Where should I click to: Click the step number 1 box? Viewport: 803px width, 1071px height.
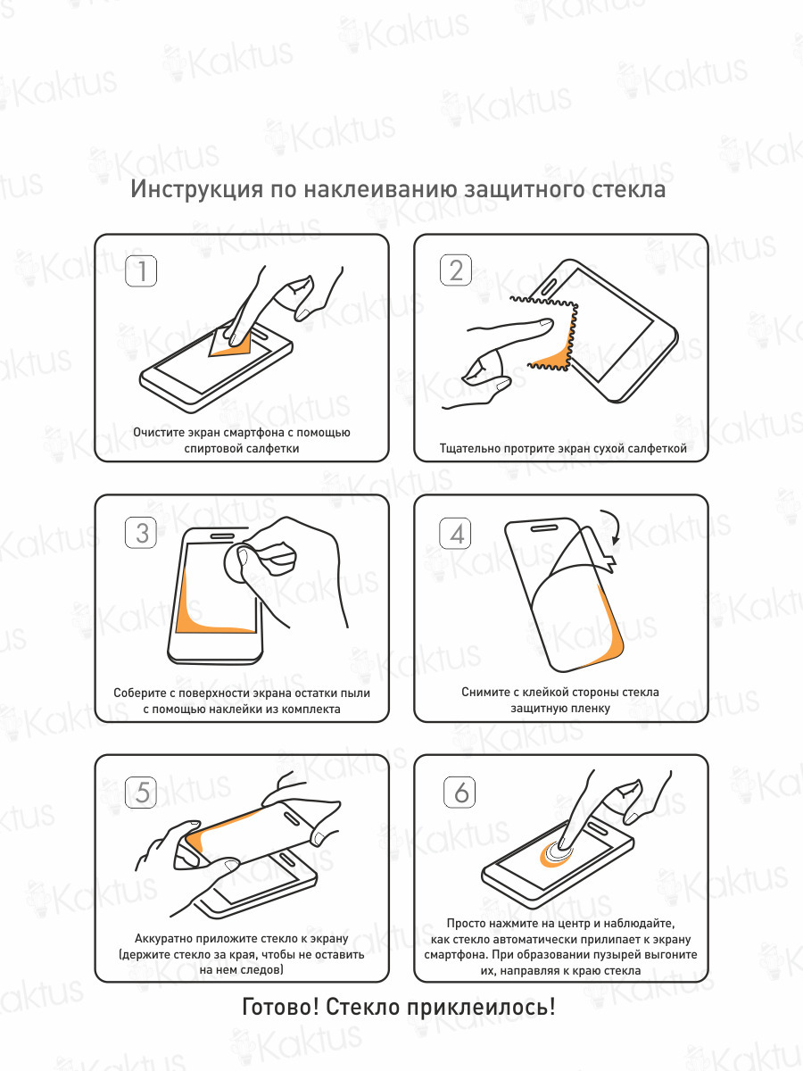click(x=141, y=270)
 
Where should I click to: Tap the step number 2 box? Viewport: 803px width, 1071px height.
click(x=456, y=270)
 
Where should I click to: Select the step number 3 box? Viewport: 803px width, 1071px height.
click(x=141, y=532)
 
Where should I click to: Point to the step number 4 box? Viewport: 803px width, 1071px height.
click(x=455, y=534)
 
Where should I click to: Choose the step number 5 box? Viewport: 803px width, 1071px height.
click(x=141, y=793)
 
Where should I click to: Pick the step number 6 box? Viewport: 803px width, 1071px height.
click(x=459, y=792)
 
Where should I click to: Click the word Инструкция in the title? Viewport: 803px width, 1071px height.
click(x=197, y=189)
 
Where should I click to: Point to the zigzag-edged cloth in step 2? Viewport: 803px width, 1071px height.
click(x=553, y=333)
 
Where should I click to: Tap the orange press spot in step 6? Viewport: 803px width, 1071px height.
click(x=556, y=853)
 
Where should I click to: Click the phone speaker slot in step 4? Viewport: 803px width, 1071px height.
click(x=547, y=528)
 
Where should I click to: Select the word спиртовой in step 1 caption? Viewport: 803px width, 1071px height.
click(x=211, y=448)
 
